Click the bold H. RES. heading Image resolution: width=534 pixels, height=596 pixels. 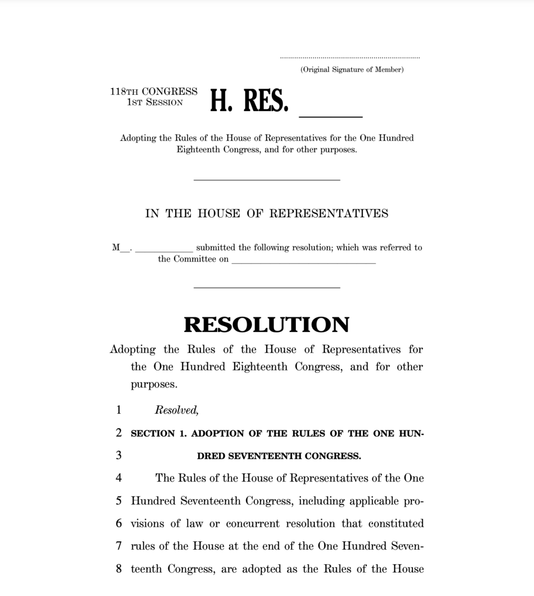249,101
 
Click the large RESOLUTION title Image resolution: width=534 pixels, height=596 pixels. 266,325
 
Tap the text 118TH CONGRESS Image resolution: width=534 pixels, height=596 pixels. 154,92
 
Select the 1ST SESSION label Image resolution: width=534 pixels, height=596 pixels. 155,103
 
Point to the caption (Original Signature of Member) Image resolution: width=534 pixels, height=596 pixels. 351,70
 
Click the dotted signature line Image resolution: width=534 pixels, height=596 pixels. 349,57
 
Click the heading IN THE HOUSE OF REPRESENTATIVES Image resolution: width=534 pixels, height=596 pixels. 266,214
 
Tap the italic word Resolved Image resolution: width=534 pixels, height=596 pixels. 177,411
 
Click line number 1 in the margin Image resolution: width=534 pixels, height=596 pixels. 119,410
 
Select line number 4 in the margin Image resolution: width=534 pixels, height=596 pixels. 119,478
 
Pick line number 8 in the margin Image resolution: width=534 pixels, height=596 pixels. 119,569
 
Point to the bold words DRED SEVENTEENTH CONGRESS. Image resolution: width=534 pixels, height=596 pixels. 278,456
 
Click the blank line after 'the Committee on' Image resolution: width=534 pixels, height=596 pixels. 304,263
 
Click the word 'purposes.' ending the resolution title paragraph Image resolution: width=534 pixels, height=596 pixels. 154,385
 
